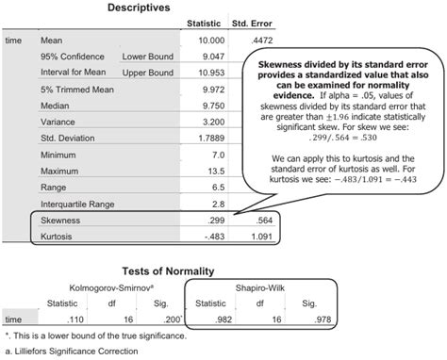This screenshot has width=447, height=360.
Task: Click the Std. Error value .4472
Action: coord(248,41)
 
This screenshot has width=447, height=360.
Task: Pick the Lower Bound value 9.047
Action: coord(208,57)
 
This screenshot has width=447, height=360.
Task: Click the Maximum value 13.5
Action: coord(212,171)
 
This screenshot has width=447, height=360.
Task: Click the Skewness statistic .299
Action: coord(211,220)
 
